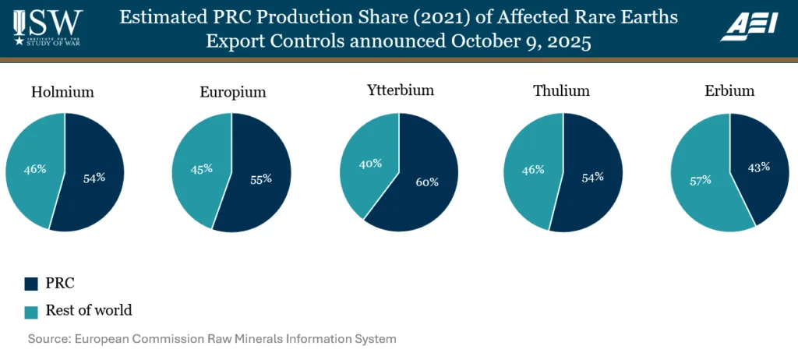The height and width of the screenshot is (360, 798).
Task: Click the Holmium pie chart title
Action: click(62, 92)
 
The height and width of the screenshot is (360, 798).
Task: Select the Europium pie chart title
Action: click(233, 92)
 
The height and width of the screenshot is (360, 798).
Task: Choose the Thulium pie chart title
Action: click(561, 91)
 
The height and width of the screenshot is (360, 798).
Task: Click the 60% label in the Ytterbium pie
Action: click(427, 182)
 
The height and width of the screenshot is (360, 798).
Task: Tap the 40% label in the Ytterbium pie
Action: click(370, 164)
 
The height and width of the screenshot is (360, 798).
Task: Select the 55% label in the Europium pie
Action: click(261, 178)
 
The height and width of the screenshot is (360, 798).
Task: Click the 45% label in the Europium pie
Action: click(201, 168)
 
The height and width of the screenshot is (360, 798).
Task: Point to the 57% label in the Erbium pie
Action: click(700, 180)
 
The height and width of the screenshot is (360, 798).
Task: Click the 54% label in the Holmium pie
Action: click(94, 177)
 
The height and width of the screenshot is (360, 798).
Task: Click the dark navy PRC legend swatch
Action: click(31, 283)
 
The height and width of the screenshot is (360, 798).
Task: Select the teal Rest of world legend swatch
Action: click(31, 311)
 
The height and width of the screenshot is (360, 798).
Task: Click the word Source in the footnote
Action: click(48, 339)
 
